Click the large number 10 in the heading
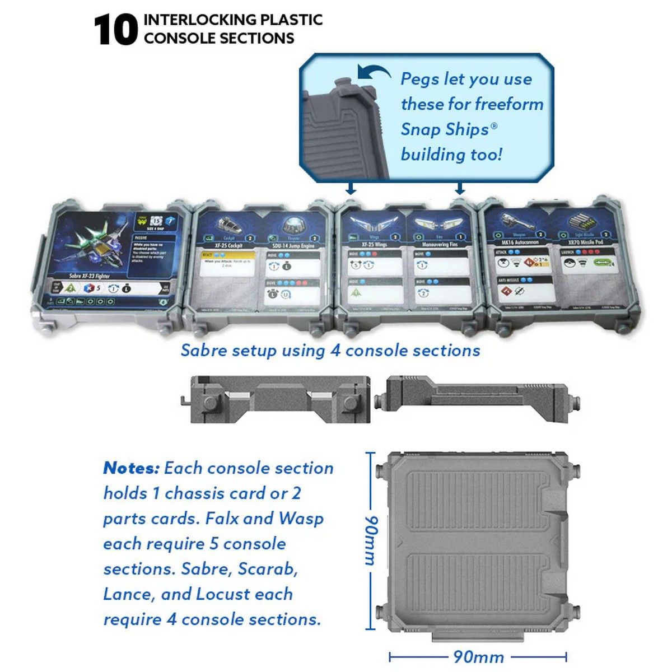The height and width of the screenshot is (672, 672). click(x=115, y=30)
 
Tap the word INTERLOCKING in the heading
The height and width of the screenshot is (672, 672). click(x=192, y=20)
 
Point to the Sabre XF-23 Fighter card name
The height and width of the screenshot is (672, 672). click(x=90, y=276)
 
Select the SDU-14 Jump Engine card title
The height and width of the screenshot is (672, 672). click(x=293, y=245)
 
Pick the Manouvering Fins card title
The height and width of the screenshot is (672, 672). click(x=440, y=245)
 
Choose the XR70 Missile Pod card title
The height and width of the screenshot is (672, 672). click(x=585, y=242)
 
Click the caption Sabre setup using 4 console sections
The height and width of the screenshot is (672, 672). click(x=330, y=351)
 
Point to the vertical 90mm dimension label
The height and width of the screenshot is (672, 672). click(x=370, y=540)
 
